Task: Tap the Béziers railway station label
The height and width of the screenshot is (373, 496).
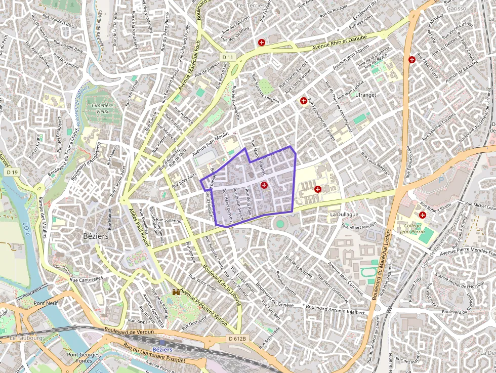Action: click(162, 349)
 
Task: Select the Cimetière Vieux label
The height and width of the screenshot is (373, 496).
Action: click(102, 107)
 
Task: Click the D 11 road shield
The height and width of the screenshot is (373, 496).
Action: click(228, 57)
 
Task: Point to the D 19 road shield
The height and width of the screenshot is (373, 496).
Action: click(13, 173)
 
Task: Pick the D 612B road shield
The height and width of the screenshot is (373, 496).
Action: click(237, 339)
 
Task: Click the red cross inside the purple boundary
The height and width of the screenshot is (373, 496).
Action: click(264, 186)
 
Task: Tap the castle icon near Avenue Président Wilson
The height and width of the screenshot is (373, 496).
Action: click(177, 293)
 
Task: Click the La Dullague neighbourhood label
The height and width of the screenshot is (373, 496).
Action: click(344, 215)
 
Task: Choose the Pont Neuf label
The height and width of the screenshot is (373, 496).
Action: click(46, 303)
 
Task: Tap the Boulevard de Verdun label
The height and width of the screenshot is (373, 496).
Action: click(129, 331)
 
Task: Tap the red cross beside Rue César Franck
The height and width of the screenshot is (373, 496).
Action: click(412, 60)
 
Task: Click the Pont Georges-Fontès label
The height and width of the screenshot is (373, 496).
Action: click(84, 358)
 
